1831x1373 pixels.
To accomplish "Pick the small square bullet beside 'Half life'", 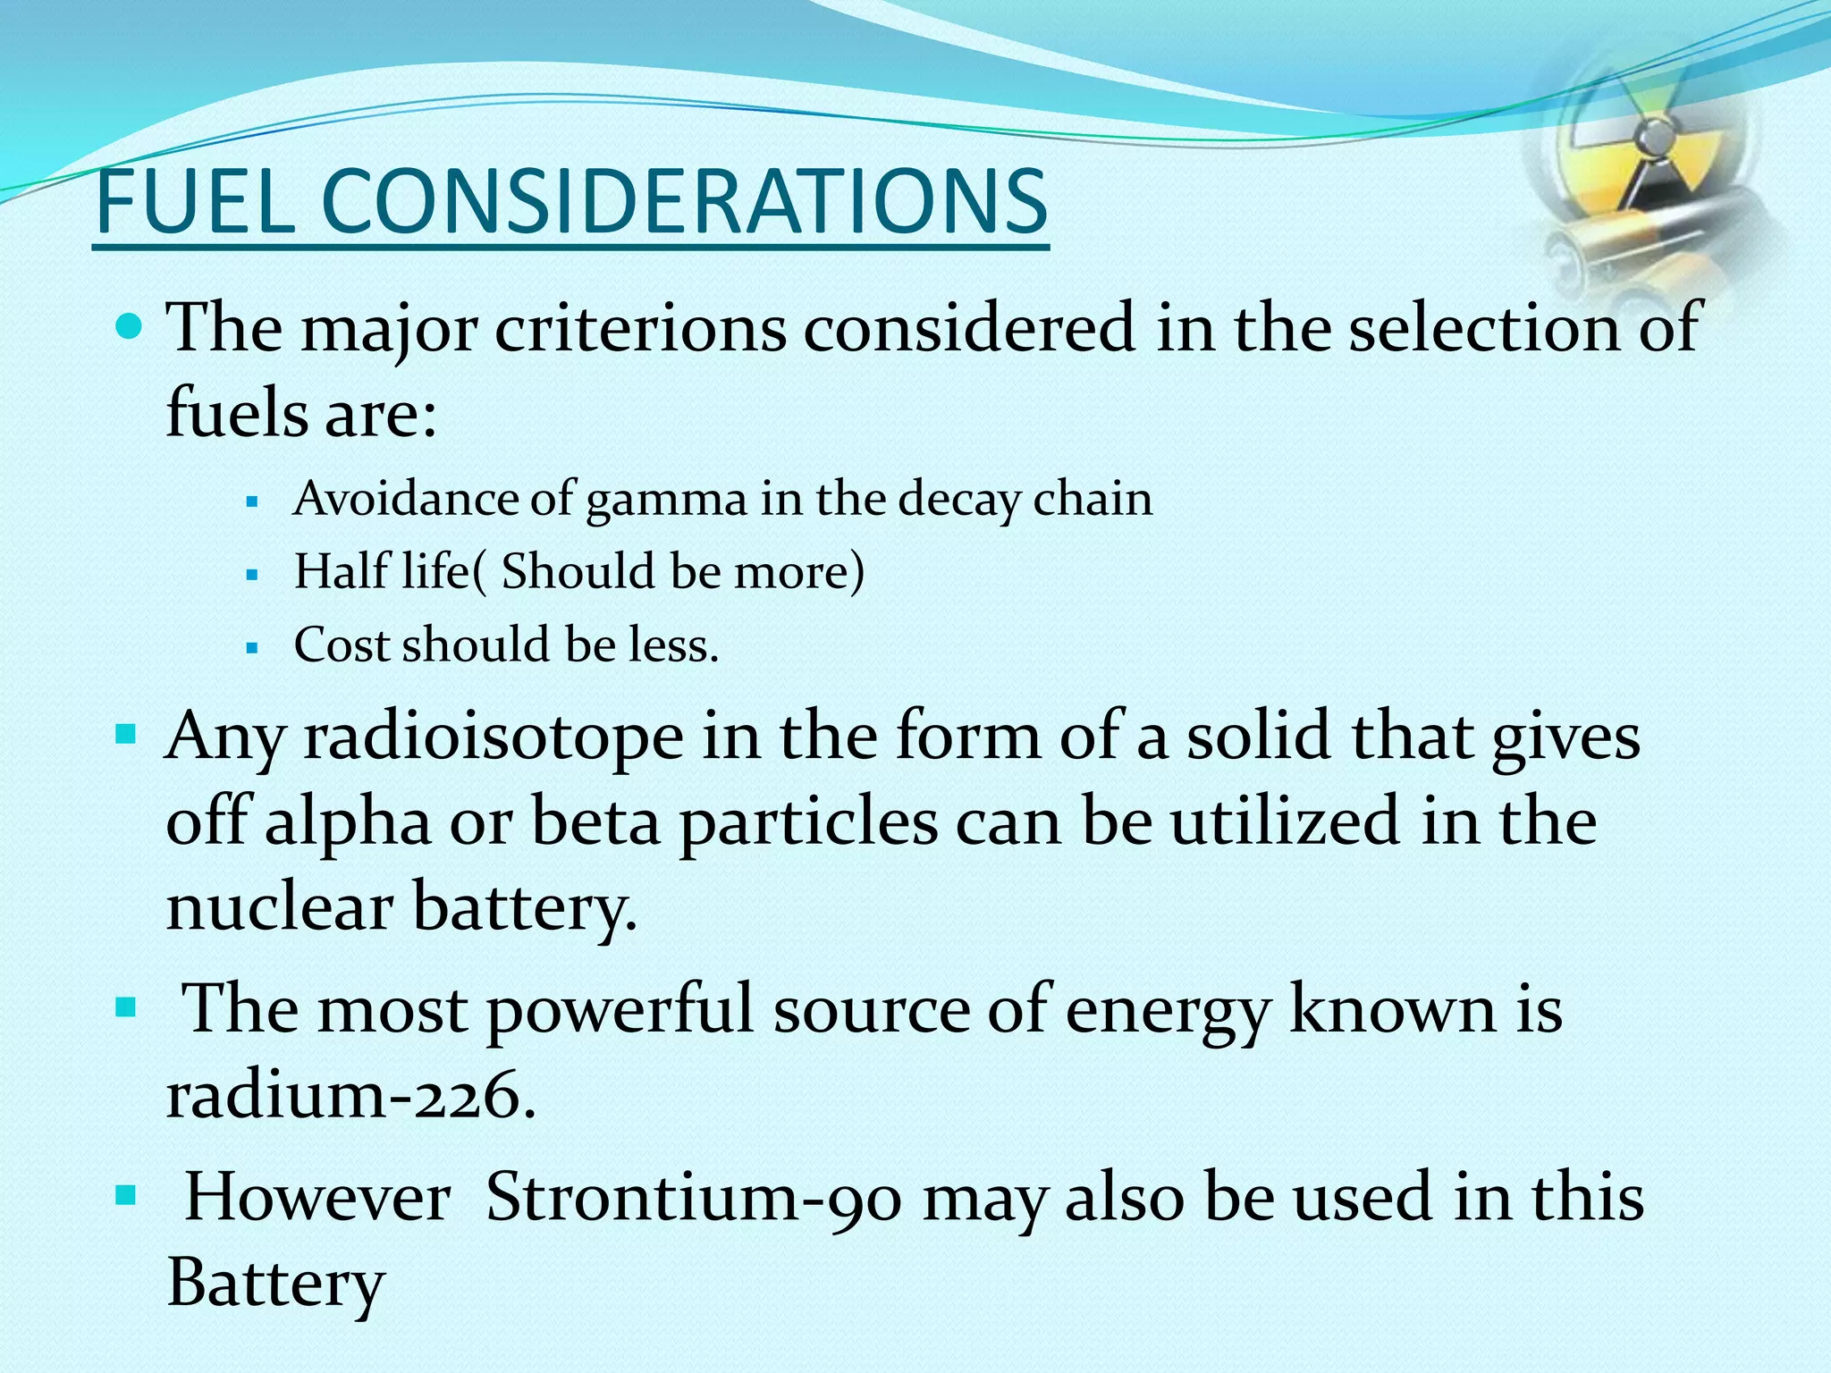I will point(251,575).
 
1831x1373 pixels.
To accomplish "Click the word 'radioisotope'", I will point(494,738).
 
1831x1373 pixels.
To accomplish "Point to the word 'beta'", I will point(595,822).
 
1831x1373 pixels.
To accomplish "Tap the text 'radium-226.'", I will point(350,1096).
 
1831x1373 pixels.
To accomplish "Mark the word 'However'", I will point(317,1198).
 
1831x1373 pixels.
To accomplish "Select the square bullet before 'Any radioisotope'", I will point(126,737).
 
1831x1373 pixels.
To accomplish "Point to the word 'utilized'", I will point(1285,822).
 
